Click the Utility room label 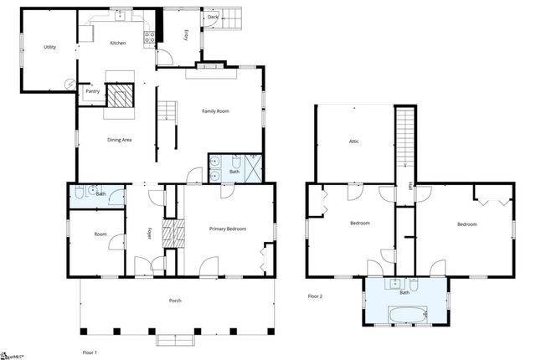(x=49, y=47)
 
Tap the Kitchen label (x=117, y=43)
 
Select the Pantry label (x=92, y=91)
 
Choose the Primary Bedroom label (x=228, y=228)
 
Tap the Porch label (x=175, y=301)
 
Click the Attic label (x=353, y=141)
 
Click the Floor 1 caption (x=90, y=352)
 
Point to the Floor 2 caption (x=315, y=296)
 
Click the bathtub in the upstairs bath (x=407, y=314)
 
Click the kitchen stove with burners (x=150, y=35)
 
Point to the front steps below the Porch (x=175, y=340)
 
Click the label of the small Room (x=100, y=235)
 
